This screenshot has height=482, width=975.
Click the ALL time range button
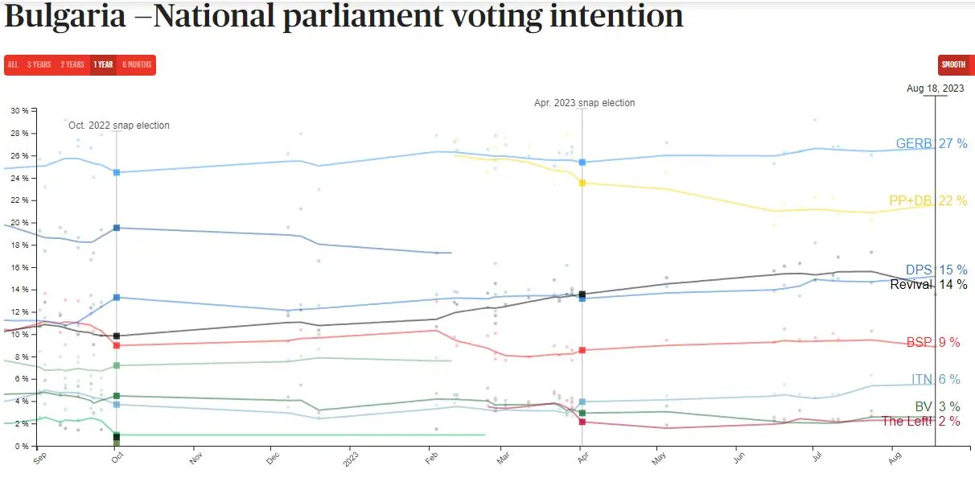(13, 65)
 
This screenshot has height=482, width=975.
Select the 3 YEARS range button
(39, 65)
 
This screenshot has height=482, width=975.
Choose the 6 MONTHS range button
(137, 65)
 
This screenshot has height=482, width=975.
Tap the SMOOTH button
(953, 65)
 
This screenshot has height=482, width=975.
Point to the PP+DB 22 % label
(928, 201)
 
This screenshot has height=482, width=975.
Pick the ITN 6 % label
(936, 380)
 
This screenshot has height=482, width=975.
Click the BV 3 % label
(937, 407)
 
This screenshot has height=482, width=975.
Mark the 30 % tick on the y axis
(19, 110)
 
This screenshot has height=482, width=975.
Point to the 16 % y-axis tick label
(19, 267)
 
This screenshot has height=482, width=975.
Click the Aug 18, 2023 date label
(935, 89)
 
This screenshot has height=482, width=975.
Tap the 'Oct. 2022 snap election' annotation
(119, 126)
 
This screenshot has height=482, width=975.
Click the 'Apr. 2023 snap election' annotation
(584, 103)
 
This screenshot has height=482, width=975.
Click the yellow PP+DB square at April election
(582, 183)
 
